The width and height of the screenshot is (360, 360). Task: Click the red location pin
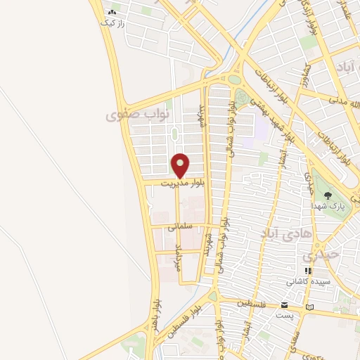[x=181, y=166]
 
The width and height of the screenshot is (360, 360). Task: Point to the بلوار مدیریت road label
[x=181, y=184]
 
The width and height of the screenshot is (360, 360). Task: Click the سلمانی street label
[x=179, y=226]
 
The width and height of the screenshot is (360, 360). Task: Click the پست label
[x=284, y=316]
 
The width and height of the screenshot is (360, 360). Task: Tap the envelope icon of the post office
[x=284, y=305]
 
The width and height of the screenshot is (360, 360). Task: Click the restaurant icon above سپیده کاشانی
[x=307, y=270]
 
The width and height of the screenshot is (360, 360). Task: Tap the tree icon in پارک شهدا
[x=327, y=195]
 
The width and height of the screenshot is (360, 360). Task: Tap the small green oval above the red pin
[x=174, y=134]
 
